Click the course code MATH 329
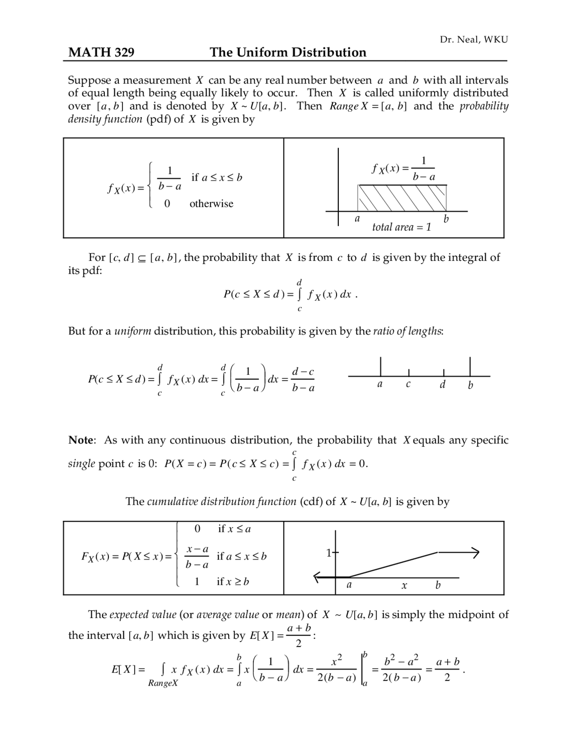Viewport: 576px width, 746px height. pyautogui.click(x=101, y=53)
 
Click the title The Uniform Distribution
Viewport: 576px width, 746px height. pyautogui.click(x=288, y=53)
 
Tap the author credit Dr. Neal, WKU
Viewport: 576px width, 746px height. pyautogui.click(x=474, y=40)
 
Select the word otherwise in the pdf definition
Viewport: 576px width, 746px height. pyautogui.click(x=211, y=204)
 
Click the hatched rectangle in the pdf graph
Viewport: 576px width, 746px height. pyautogui.click(x=402, y=198)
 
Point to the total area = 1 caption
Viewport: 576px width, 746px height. pyautogui.click(x=401, y=227)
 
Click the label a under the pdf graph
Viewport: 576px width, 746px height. pyautogui.click(x=357, y=219)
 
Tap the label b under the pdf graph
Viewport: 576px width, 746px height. pyautogui.click(x=446, y=219)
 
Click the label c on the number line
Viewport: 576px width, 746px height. pyautogui.click(x=408, y=385)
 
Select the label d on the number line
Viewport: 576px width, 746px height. pyautogui.click(x=443, y=385)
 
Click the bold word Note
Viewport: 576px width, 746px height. pyautogui.click(x=81, y=440)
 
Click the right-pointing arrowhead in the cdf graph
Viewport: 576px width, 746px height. pyautogui.click(x=475, y=552)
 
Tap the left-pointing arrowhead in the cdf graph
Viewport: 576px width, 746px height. pyautogui.click(x=317, y=577)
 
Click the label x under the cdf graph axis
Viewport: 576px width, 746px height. pyautogui.click(x=404, y=586)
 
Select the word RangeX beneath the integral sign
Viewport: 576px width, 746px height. pyautogui.click(x=163, y=683)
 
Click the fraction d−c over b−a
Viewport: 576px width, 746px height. pyautogui.click(x=303, y=380)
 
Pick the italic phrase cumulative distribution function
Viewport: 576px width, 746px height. pyautogui.click(x=221, y=502)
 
